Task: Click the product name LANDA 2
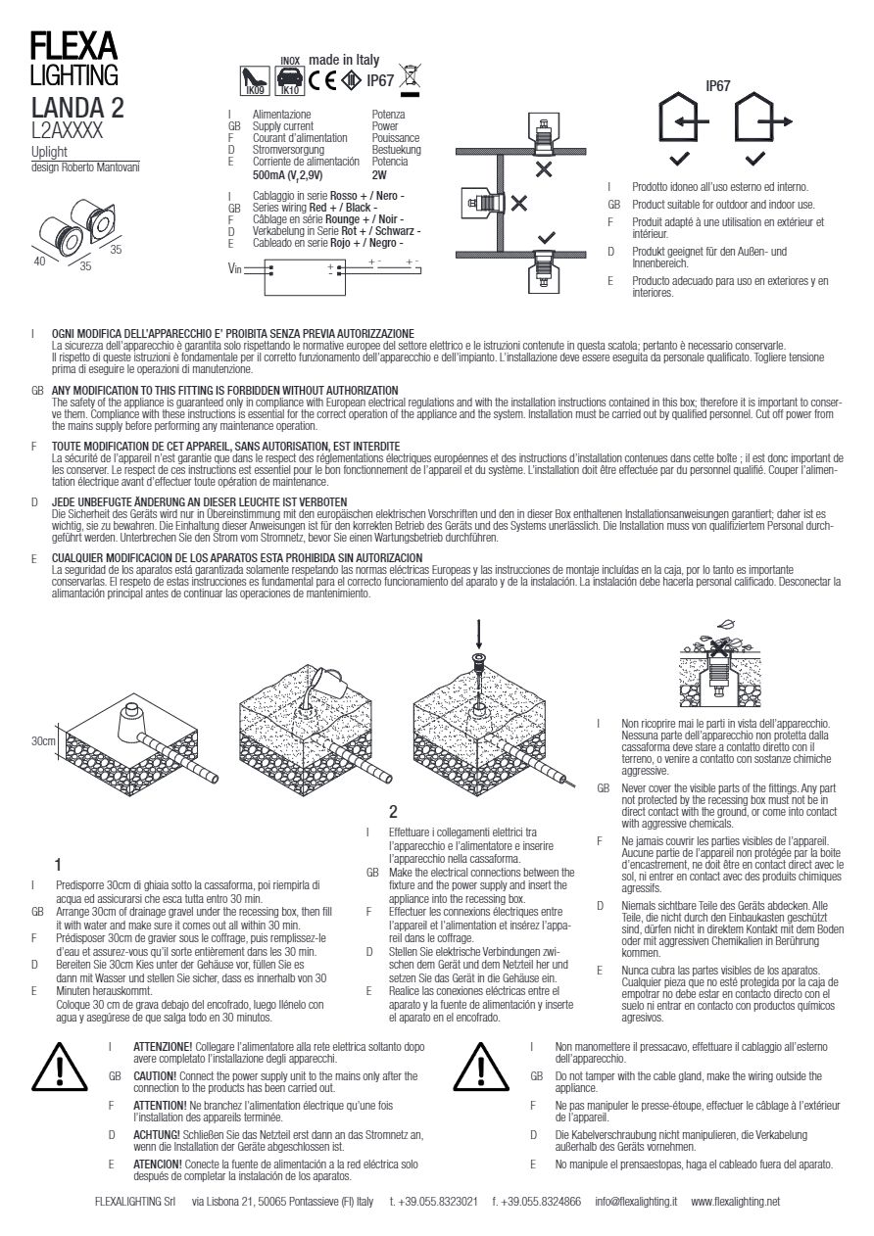77,108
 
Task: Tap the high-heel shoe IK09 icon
255,80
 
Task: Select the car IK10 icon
290,80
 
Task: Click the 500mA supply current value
288,175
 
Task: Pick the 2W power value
379,175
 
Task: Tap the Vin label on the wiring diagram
234,268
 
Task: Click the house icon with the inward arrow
683,117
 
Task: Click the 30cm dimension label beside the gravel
43,741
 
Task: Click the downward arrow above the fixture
479,634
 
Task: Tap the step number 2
393,812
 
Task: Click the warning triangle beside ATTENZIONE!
60,1069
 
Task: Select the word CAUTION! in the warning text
155,1076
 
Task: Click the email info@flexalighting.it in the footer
636,1202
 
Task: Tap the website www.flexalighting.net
736,1202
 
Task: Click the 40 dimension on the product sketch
40,261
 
